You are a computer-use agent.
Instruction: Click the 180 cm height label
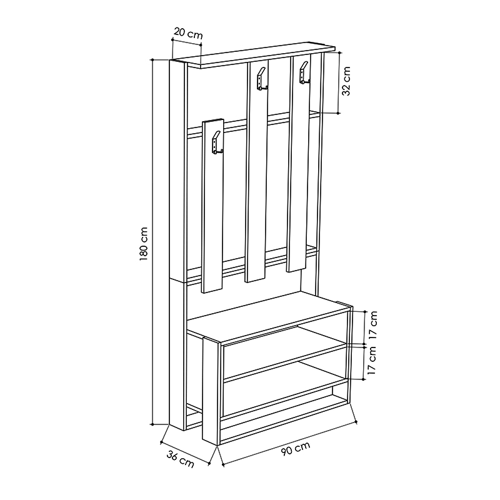click(x=144, y=244)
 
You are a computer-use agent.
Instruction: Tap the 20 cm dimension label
click(x=188, y=33)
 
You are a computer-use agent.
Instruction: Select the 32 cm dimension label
click(x=346, y=81)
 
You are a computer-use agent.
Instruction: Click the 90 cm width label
click(x=296, y=448)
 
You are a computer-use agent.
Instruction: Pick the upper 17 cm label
click(x=372, y=324)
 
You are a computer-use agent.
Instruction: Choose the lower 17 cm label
click(x=372, y=360)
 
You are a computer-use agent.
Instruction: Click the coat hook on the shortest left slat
click(x=217, y=143)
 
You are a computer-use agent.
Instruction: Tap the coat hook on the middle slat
click(x=262, y=79)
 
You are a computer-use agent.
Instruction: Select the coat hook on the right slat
click(x=304, y=73)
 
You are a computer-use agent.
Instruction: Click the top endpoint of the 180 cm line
click(x=152, y=59)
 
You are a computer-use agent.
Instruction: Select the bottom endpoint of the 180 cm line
click(x=152, y=424)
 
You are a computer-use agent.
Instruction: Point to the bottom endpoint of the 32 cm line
click(x=339, y=113)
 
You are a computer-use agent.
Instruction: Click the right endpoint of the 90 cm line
click(x=356, y=422)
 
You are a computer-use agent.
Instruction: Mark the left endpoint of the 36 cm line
click(x=161, y=442)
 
